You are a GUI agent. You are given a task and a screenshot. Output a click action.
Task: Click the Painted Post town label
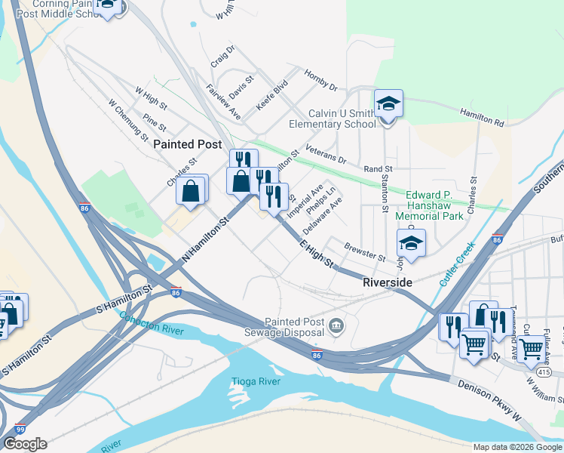(x=188, y=143)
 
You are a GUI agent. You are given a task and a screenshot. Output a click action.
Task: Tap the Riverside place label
(x=388, y=282)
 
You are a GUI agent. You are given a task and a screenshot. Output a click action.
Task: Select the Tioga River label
(x=255, y=381)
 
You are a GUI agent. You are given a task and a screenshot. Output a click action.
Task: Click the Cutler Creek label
(x=457, y=263)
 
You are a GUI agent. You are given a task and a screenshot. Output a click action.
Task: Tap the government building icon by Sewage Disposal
(x=336, y=326)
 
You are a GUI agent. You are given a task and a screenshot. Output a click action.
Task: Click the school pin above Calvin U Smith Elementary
(x=389, y=103)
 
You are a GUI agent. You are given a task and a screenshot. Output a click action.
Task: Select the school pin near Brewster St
(x=411, y=244)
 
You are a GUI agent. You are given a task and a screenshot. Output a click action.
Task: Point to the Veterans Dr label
(x=326, y=157)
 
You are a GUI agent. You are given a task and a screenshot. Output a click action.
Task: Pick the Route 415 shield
(x=546, y=372)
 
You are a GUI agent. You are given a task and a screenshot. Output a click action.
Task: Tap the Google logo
(x=25, y=444)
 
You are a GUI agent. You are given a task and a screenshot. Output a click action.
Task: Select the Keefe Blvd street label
(x=272, y=96)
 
